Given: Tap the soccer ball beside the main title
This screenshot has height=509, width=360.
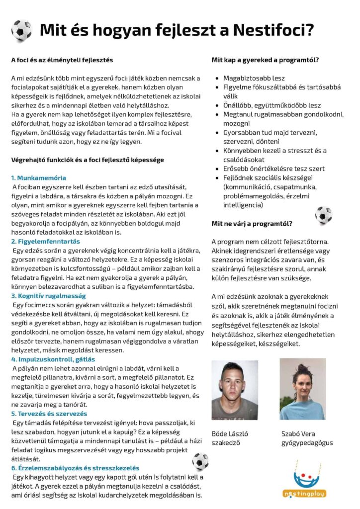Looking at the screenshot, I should click(21, 30).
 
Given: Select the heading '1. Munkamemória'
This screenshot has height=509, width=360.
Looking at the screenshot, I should click(38, 177).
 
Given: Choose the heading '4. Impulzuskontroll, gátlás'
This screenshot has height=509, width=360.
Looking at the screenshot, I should click(53, 359).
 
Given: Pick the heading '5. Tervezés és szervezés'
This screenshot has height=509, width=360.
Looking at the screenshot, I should click(49, 414).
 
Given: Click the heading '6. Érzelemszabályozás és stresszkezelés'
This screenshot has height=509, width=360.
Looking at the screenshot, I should click(75, 468).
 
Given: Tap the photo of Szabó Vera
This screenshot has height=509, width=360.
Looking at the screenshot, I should click(302, 389).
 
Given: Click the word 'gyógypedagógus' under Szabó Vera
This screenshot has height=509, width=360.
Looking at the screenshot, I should click(307, 443).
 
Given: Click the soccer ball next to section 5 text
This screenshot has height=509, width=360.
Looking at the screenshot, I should click(200, 461).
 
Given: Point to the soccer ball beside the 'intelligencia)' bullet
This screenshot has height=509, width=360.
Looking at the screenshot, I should click(323, 215).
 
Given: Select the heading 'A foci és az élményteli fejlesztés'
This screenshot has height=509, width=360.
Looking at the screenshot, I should click(62, 60).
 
